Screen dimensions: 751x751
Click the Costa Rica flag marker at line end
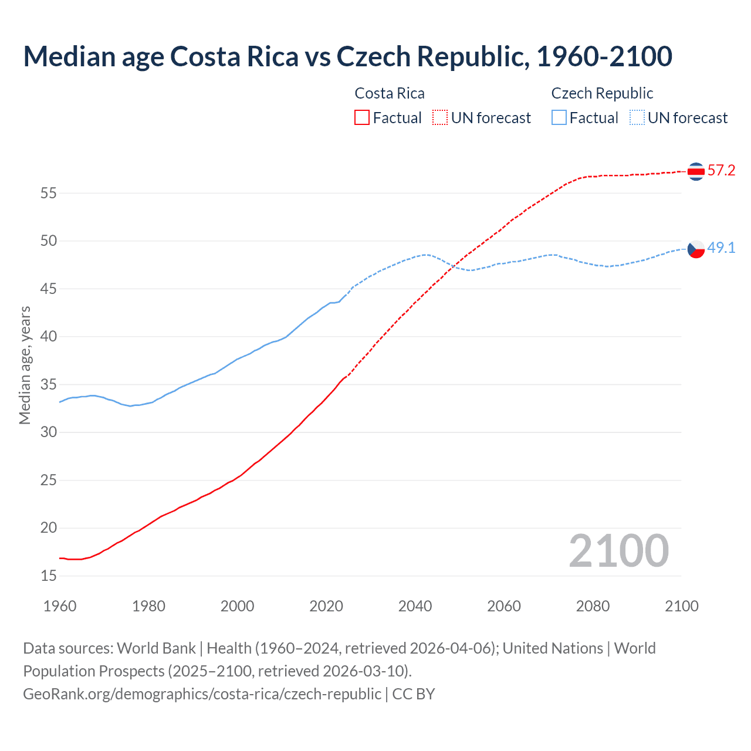tap(696, 171)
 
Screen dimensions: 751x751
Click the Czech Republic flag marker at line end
tap(696, 249)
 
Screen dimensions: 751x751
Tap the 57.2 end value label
tap(721, 171)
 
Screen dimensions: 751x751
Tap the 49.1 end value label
tap(721, 248)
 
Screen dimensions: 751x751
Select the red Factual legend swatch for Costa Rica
tap(362, 118)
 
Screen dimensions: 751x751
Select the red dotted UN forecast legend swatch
tap(440, 118)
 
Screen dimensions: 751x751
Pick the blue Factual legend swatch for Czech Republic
tap(559, 118)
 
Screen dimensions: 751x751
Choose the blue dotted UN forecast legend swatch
tap(637, 118)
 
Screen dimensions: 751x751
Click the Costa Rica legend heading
tap(390, 93)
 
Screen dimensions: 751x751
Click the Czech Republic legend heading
tap(602, 93)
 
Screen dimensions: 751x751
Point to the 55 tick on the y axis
tap(49, 193)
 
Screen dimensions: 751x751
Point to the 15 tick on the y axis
tap(49, 576)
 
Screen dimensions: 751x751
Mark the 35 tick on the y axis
tap(49, 385)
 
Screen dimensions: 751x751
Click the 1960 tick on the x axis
tap(60, 606)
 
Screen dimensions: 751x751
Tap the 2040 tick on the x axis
tap(415, 606)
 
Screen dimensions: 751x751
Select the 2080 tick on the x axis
tap(593, 606)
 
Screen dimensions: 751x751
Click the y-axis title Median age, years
tap(25, 365)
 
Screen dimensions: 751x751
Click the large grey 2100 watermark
tap(618, 551)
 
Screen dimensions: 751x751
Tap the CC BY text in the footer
tap(414, 694)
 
